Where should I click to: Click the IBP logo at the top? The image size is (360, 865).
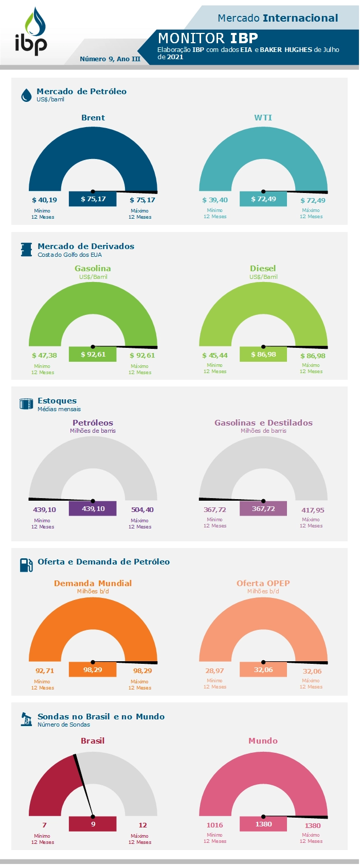click(x=31, y=32)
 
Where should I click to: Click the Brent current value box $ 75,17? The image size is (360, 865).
click(x=93, y=199)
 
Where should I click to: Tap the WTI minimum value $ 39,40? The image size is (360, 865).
click(x=214, y=200)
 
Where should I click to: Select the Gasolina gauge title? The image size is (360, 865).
click(x=93, y=269)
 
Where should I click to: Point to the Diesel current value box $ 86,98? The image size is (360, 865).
click(x=263, y=355)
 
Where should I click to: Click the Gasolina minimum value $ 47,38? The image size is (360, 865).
click(x=44, y=356)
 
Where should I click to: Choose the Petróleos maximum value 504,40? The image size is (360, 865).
click(x=142, y=510)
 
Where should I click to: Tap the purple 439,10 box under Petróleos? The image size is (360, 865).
click(x=93, y=509)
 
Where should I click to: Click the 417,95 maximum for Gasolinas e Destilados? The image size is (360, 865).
click(x=312, y=510)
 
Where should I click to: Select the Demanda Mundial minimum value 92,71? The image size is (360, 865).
click(x=44, y=671)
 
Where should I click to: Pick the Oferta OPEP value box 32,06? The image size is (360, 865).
click(x=263, y=670)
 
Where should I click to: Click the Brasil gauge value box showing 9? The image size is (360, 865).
click(x=93, y=824)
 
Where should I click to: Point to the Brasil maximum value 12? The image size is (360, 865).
click(x=142, y=825)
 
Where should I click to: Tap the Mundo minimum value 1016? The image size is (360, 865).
click(x=214, y=825)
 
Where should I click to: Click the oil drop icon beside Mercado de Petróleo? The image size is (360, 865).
click(x=26, y=95)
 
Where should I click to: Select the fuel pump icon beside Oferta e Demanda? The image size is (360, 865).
click(x=26, y=565)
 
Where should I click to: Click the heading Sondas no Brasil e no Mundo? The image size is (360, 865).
click(x=101, y=717)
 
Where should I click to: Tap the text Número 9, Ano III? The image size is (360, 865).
click(x=110, y=59)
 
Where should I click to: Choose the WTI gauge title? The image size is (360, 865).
click(x=263, y=118)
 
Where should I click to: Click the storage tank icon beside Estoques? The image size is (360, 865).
click(x=26, y=404)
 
